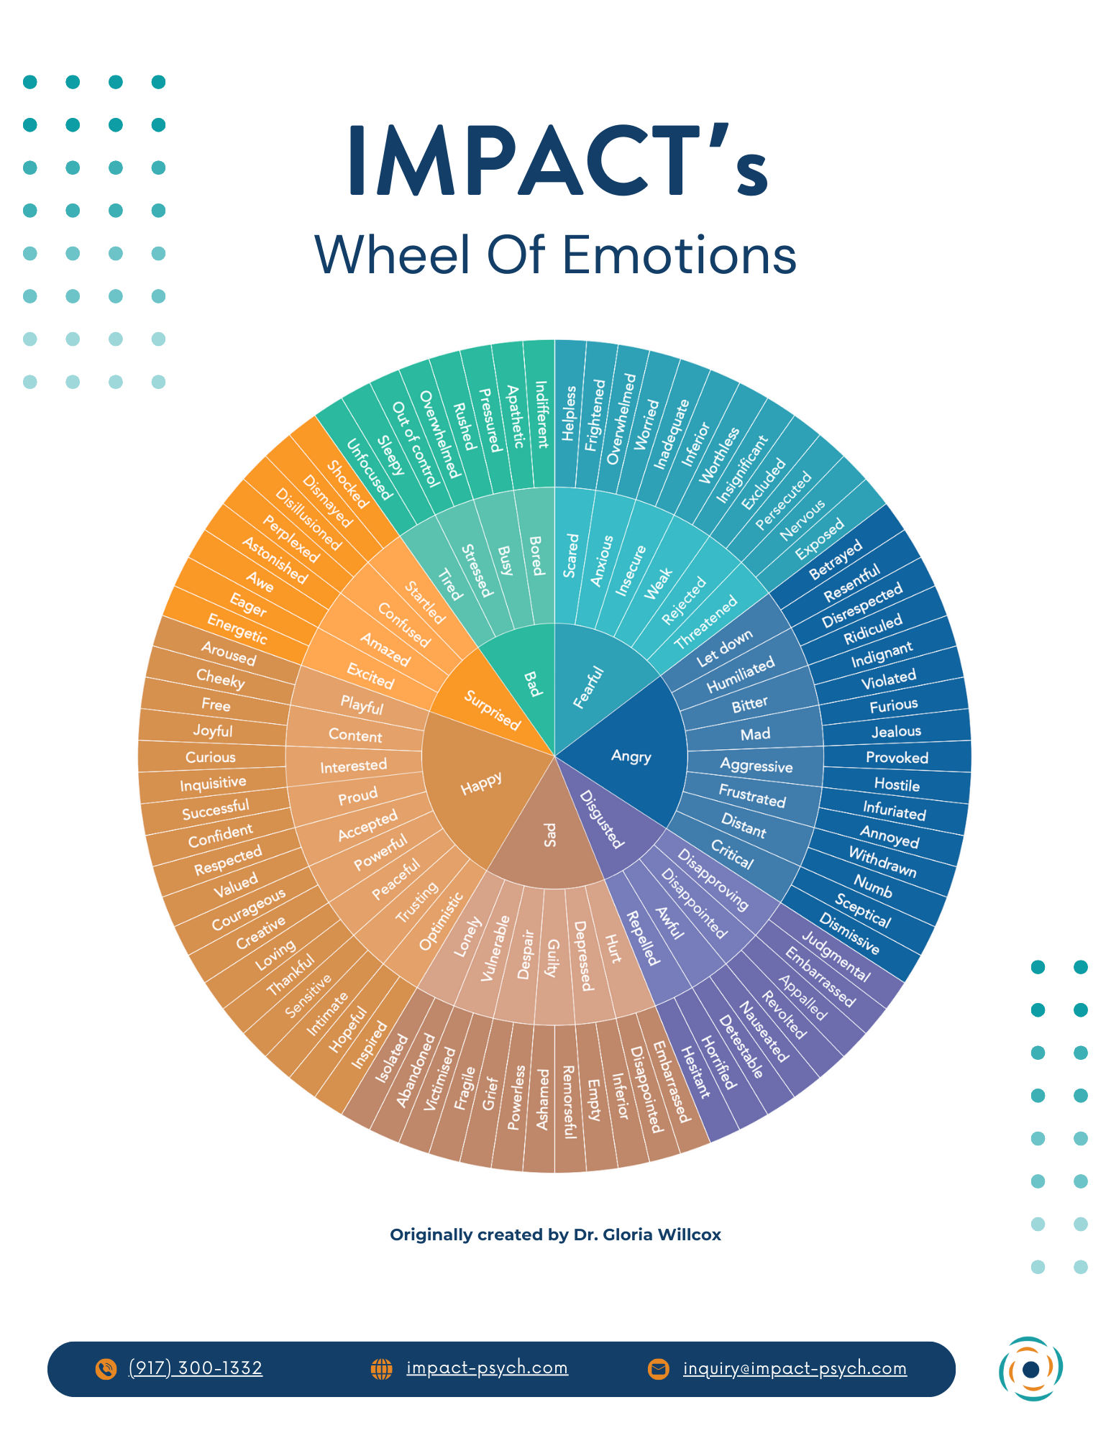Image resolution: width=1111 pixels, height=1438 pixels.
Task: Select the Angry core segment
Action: pyautogui.click(x=631, y=756)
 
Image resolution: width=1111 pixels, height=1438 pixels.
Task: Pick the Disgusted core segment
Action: pyautogui.click(x=600, y=819)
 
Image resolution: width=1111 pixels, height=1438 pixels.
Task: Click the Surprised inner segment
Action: pyautogui.click(x=492, y=709)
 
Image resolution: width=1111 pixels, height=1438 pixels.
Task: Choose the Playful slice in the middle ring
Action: pyautogui.click(x=361, y=705)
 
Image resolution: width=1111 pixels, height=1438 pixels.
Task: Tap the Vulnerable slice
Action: pyautogui.click(x=495, y=949)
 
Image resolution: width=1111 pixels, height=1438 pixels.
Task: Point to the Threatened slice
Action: pyautogui.click(x=706, y=623)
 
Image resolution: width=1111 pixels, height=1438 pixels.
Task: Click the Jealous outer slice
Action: pyautogui.click(x=896, y=731)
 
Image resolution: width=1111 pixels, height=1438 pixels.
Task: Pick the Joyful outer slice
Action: pyautogui.click(x=213, y=731)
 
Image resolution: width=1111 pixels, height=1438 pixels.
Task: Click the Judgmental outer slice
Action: pyautogui.click(x=836, y=956)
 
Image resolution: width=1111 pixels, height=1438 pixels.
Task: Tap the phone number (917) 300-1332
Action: pyautogui.click(x=195, y=1368)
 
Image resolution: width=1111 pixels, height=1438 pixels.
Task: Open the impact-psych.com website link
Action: pyautogui.click(x=487, y=1368)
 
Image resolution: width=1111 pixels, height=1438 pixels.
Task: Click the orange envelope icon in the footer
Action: pyautogui.click(x=658, y=1368)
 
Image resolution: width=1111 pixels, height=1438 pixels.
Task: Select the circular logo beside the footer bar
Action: pyautogui.click(x=1030, y=1368)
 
